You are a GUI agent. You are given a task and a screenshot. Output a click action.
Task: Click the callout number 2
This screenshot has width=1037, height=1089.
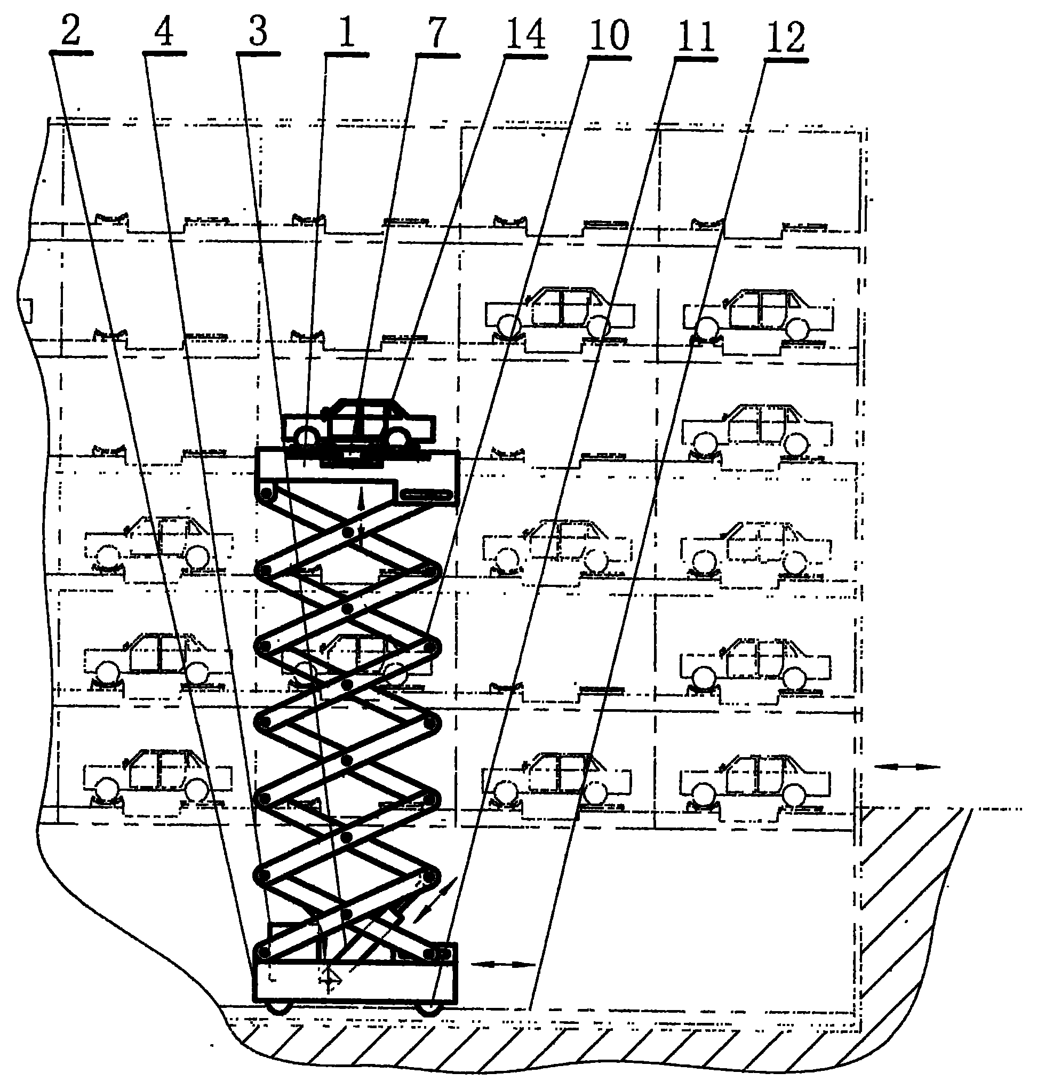click(x=71, y=31)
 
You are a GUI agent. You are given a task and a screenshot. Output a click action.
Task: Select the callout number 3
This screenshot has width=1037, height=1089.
click(x=258, y=31)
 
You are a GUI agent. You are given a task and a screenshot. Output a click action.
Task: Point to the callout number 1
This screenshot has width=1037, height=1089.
click(x=346, y=31)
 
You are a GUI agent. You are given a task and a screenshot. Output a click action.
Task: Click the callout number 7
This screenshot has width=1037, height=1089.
click(x=437, y=31)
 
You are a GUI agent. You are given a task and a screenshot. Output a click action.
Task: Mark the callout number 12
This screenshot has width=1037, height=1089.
click(x=785, y=37)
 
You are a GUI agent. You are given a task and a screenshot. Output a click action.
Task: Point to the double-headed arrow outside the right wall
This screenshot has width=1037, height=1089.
click(x=906, y=767)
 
